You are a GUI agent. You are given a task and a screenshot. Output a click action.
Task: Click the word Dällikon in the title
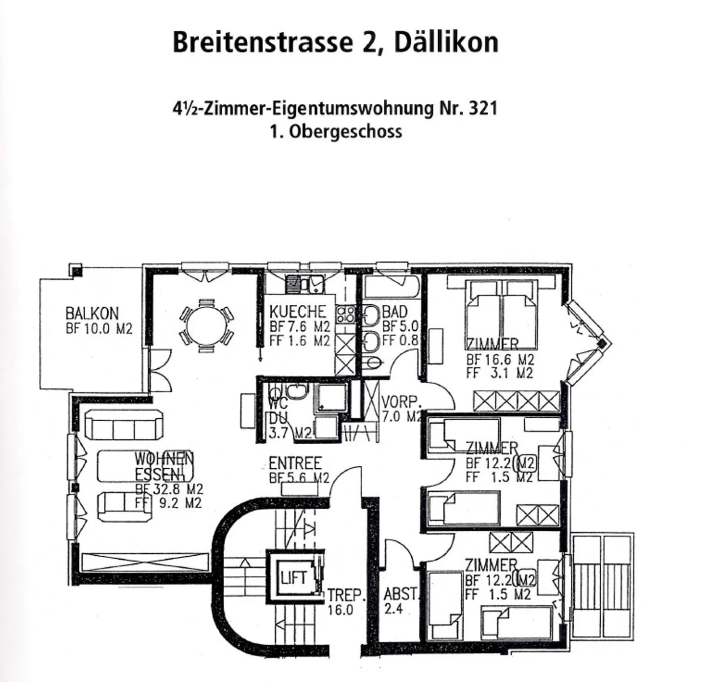click(446, 42)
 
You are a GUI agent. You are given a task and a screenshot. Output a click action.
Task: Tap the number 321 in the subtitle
click(482, 108)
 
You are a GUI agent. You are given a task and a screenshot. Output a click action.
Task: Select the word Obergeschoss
click(346, 132)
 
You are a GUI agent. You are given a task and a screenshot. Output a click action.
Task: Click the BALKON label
click(92, 313)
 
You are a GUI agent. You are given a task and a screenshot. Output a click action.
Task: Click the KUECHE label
click(297, 311)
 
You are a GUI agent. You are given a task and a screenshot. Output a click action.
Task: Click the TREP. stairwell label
click(346, 595)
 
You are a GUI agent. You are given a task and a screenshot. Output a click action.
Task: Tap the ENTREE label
click(295, 463)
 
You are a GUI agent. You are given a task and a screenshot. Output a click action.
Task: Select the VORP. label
click(401, 402)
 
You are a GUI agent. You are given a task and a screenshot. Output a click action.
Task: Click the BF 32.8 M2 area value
click(169, 489)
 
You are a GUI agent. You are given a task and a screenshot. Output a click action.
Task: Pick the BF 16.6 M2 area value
click(500, 360)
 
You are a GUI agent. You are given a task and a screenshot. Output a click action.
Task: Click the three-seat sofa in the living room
click(123, 425)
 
